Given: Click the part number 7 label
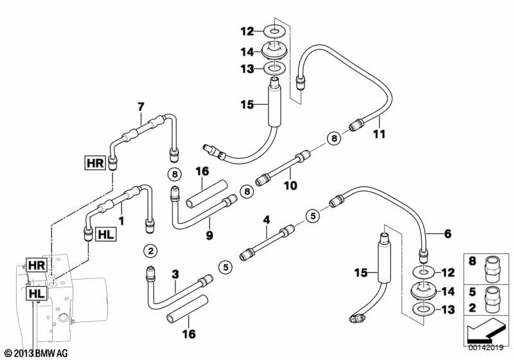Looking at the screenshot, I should [x=140, y=107].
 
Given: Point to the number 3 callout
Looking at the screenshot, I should [x=175, y=274].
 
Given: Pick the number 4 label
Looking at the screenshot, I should [x=265, y=220].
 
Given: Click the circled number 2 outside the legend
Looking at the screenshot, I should [x=150, y=250].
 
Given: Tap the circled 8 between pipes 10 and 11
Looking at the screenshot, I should [x=333, y=137].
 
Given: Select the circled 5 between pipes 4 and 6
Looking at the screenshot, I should [x=312, y=215].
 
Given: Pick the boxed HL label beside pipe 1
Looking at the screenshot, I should [x=105, y=235].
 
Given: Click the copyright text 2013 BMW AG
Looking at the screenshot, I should [x=35, y=353].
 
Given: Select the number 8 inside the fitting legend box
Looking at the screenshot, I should [x=473, y=262].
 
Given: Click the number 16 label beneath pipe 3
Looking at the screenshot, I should [x=188, y=334].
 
